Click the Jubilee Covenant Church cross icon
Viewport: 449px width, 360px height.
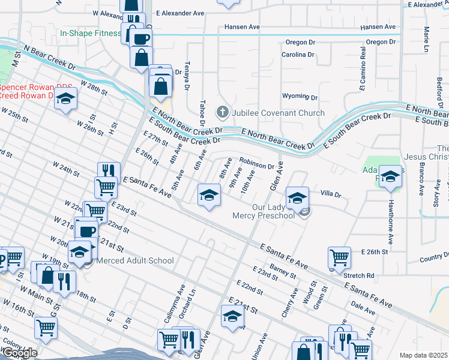tap(223, 112)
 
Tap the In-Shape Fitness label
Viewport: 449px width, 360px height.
tap(90, 35)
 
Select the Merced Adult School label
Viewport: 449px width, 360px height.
tap(135, 260)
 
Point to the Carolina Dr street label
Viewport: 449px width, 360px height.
tap(298, 55)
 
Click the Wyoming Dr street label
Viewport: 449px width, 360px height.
tap(300, 97)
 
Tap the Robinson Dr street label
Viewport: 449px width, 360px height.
tap(257, 163)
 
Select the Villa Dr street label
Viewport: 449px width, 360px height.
tap(331, 194)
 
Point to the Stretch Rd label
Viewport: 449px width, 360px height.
tap(359, 276)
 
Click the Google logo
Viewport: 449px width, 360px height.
tap(20, 353)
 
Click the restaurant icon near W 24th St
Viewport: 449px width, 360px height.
tap(109, 171)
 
